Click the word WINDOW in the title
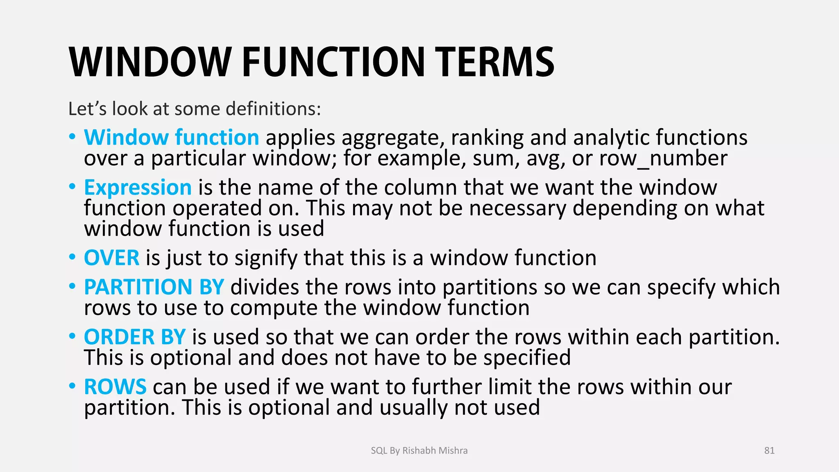pyautogui.click(x=150, y=62)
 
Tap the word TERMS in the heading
pyautogui.click(x=494, y=62)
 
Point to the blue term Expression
pyautogui.click(x=138, y=188)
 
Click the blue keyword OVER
pyautogui.click(x=111, y=258)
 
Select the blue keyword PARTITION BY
pyautogui.click(x=154, y=287)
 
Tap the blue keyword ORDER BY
pyautogui.click(x=135, y=337)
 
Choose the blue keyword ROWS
pyautogui.click(x=115, y=387)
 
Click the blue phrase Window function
pyautogui.click(x=171, y=137)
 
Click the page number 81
pyautogui.click(x=769, y=451)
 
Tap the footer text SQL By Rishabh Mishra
pyautogui.click(x=419, y=451)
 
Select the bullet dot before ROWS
pyautogui.click(x=73, y=386)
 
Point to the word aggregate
pyautogui.click(x=393, y=138)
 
